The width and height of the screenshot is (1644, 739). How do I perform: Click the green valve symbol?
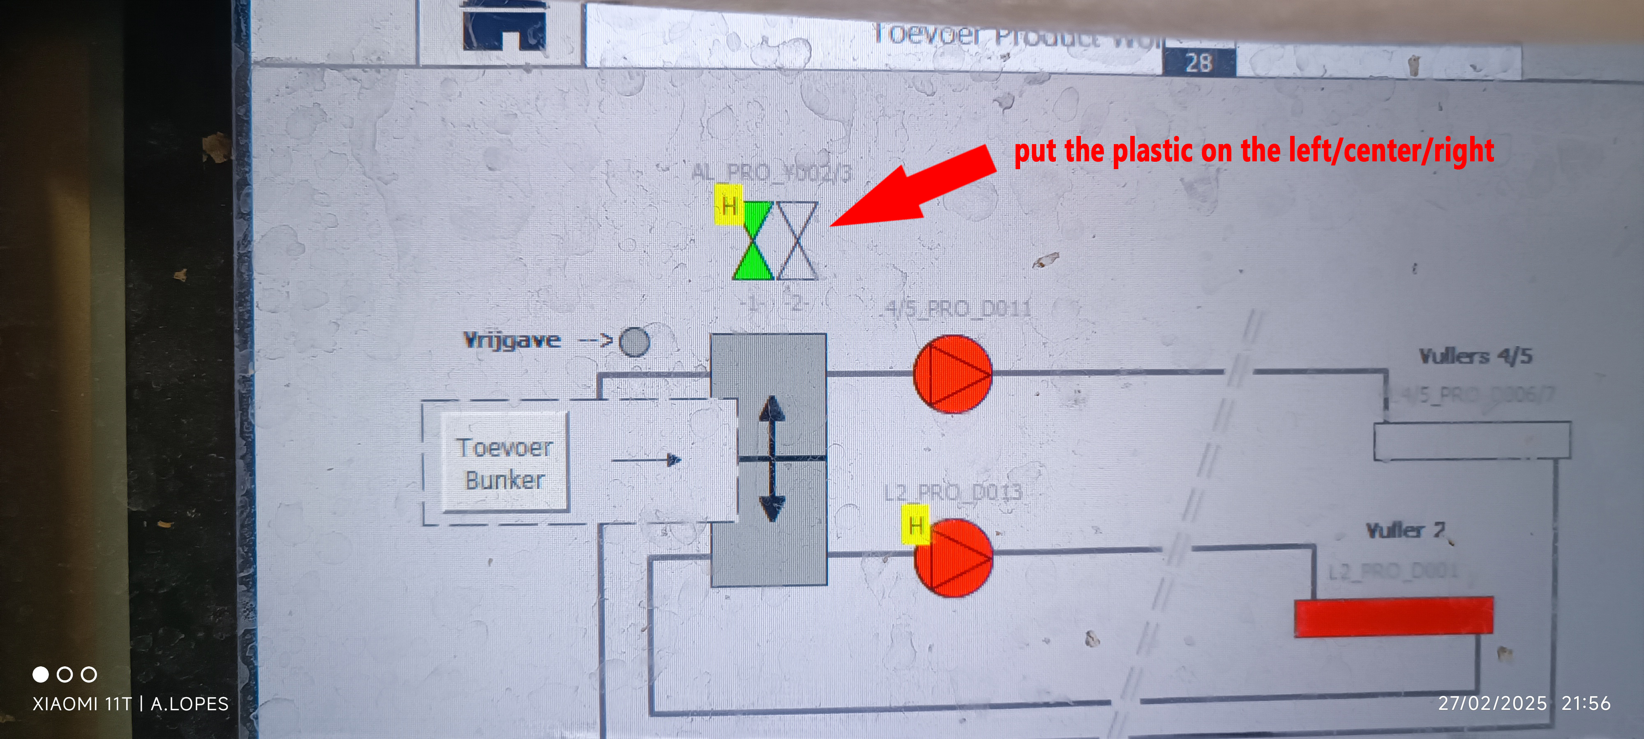tap(753, 241)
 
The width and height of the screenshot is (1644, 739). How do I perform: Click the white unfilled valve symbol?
tap(797, 241)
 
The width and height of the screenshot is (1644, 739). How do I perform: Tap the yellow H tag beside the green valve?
tap(728, 205)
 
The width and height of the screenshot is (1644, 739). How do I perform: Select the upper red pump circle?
tap(953, 374)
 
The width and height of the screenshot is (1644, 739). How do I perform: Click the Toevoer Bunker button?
tap(504, 464)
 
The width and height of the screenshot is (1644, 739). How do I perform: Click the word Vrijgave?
tap(512, 340)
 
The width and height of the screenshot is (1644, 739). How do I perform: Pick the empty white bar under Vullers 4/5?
tap(1471, 441)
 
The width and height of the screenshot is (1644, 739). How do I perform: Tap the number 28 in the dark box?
tap(1198, 62)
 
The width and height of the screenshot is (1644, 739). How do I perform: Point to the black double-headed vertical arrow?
tap(772, 458)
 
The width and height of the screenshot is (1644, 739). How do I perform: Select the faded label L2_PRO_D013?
tap(953, 491)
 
